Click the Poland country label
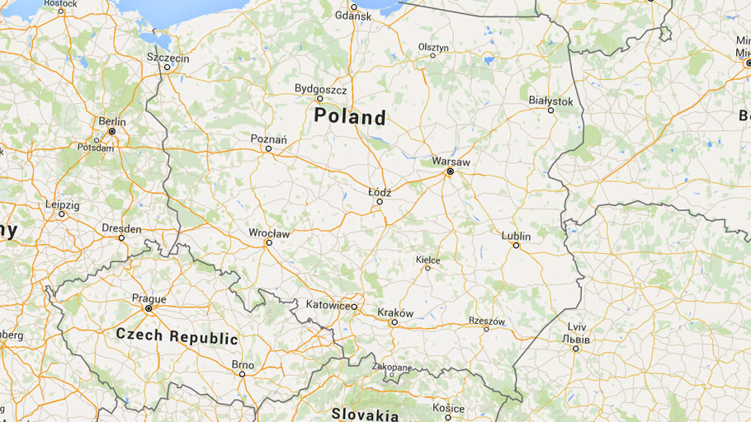coord(350,117)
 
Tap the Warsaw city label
coord(451,162)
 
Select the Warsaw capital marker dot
coord(451,172)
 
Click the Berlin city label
coord(112,121)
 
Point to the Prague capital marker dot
coord(149,308)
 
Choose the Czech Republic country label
coord(177,337)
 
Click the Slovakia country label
coord(365,414)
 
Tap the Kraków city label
coord(394,312)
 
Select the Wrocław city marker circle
coord(268,243)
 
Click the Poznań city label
coord(269,139)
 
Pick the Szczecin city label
coord(168,59)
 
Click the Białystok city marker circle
coord(551,110)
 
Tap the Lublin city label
coord(516,236)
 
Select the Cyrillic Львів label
coord(575,339)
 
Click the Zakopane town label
coord(392,367)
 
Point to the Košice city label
coord(449,407)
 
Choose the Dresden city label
coord(121,228)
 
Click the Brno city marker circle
coord(242,374)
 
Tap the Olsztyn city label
coord(433,48)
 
